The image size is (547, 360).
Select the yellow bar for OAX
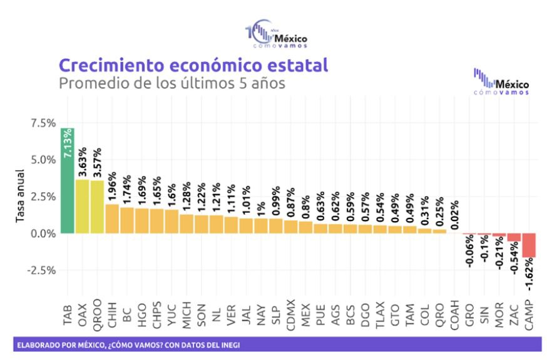[x=82, y=207]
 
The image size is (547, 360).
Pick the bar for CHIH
[x=113, y=219]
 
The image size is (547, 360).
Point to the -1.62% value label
[x=529, y=276]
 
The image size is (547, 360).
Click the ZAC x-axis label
[x=514, y=316]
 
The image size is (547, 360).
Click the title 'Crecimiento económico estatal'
[x=193, y=65]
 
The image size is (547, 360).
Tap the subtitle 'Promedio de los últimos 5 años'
[x=171, y=83]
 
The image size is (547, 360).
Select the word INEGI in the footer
[x=228, y=344]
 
